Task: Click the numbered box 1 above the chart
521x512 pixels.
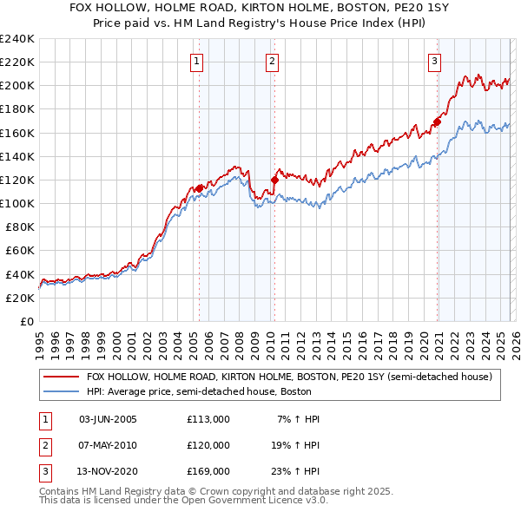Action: pyautogui.click(x=197, y=61)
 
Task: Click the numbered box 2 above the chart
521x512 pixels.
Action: pyautogui.click(x=273, y=61)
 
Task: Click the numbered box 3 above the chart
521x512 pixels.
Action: pyautogui.click(x=434, y=61)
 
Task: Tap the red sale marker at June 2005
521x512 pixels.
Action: pyautogui.click(x=199, y=187)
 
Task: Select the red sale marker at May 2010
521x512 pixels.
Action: pyautogui.click(x=274, y=180)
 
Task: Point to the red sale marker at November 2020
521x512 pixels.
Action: pyautogui.click(x=437, y=121)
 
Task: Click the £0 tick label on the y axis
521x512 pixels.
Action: pyautogui.click(x=26, y=321)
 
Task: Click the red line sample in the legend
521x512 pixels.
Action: pyautogui.click(x=60, y=377)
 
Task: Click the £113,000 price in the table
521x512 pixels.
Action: pyautogui.click(x=208, y=419)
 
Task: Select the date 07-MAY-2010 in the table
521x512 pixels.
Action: pyautogui.click(x=108, y=445)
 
